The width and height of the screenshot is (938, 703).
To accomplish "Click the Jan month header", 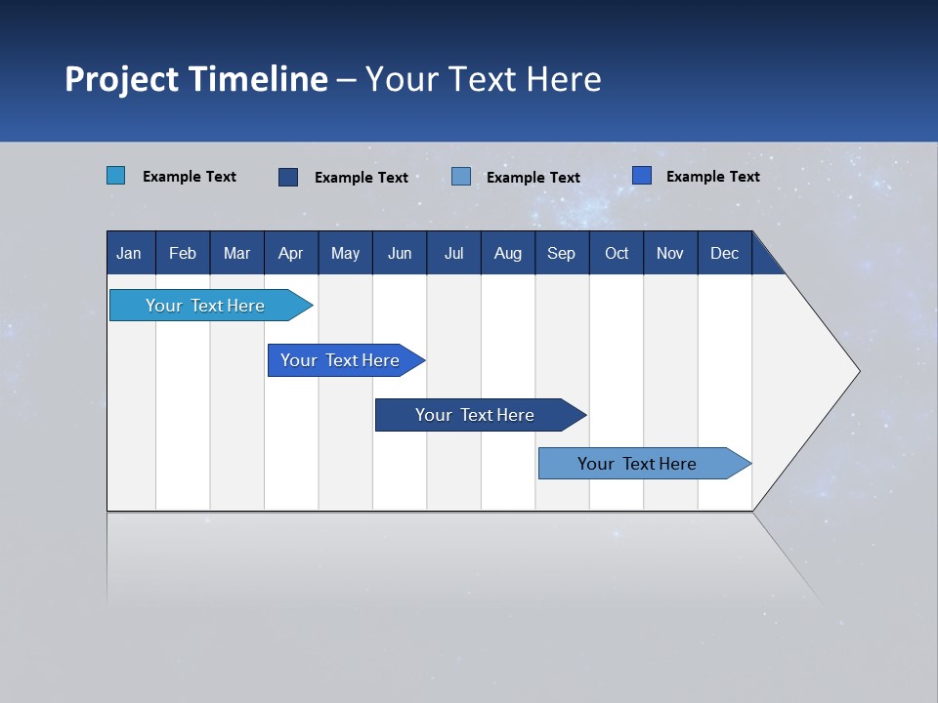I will coord(129,254).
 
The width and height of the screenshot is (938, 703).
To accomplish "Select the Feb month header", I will coord(183,254).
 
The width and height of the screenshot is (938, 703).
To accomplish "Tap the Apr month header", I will coord(290,254).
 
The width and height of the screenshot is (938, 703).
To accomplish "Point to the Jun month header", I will coord(400,254).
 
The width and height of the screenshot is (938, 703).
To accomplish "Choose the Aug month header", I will coord(507,254).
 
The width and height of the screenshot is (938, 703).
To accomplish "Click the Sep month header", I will coord(561,254).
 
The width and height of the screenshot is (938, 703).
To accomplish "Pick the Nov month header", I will coord(669,254).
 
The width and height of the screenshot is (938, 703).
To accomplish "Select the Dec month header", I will coord(724,254).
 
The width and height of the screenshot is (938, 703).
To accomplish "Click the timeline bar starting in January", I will coord(205,306).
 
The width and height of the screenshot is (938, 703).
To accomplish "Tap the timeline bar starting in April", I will coord(340,360).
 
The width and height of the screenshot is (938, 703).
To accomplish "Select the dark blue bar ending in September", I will coord(475,415).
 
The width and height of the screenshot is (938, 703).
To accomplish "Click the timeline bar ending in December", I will coord(637,464).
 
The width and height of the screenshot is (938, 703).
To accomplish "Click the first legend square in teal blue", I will coord(115,176).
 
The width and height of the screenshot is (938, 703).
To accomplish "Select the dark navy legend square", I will coord(287,177).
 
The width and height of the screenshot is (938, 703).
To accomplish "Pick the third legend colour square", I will coord(461,177).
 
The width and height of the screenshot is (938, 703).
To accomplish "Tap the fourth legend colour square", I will coord(641,176).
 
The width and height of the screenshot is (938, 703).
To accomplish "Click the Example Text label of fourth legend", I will coord(712,177).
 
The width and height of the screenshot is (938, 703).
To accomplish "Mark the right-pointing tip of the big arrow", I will coord(857,371).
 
